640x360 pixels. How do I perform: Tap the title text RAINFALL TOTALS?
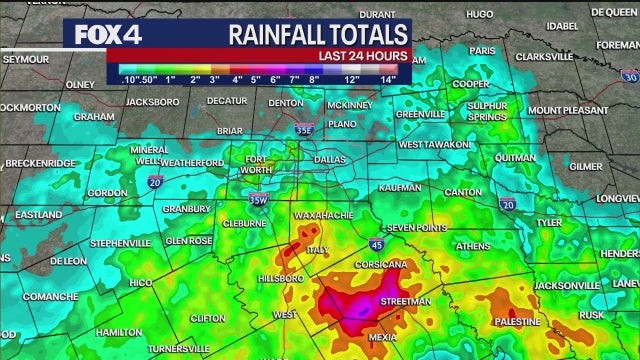pos(319,33)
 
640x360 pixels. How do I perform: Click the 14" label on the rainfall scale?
pos(388,79)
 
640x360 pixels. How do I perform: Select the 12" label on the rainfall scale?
pos(352,79)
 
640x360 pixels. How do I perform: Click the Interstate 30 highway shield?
pos(629,76)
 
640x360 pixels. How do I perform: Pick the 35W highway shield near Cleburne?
pos(258,199)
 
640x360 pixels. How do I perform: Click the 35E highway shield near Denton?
pos(304,129)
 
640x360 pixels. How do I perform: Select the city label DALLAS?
pos(329,159)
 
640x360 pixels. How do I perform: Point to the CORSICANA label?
pos(380,264)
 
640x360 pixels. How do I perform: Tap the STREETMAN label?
pos(406,301)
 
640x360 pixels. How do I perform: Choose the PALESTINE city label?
pos(516,321)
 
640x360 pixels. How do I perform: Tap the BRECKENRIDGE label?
pos(40,163)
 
